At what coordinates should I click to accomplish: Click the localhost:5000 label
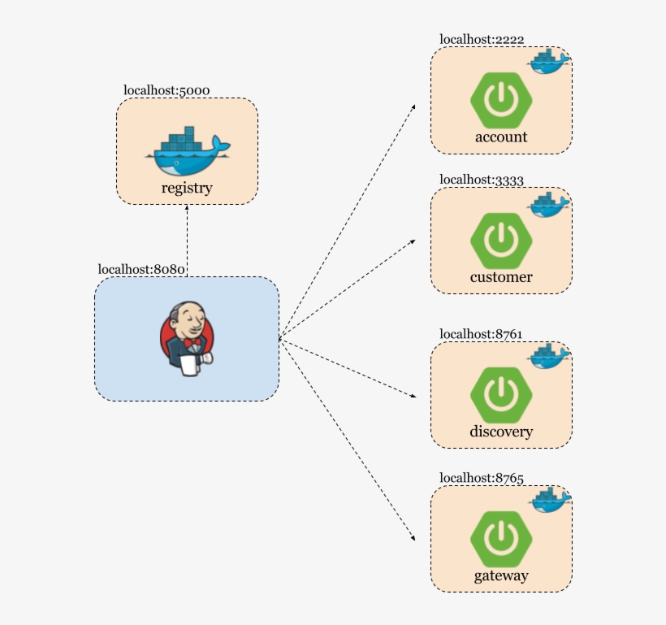(x=167, y=90)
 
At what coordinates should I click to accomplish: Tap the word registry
(x=187, y=189)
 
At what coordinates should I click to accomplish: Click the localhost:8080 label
(x=142, y=270)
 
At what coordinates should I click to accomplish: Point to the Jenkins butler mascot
(x=188, y=338)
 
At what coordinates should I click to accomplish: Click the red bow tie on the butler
(x=191, y=343)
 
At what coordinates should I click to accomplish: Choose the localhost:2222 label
(x=482, y=39)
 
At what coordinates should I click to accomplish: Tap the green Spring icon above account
(x=501, y=100)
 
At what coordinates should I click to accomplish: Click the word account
(x=501, y=137)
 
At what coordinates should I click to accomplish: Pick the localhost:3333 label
(x=482, y=180)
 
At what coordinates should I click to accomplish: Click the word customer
(x=501, y=277)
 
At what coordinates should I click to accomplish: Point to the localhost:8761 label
(x=482, y=334)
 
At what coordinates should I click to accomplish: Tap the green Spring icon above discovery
(x=501, y=394)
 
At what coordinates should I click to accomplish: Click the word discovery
(x=501, y=432)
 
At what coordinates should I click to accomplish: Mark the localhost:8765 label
(x=482, y=478)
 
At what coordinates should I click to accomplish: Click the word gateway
(x=501, y=576)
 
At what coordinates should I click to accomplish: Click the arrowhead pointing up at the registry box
(x=187, y=207)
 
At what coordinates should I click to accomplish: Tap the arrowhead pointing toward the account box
(x=413, y=106)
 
